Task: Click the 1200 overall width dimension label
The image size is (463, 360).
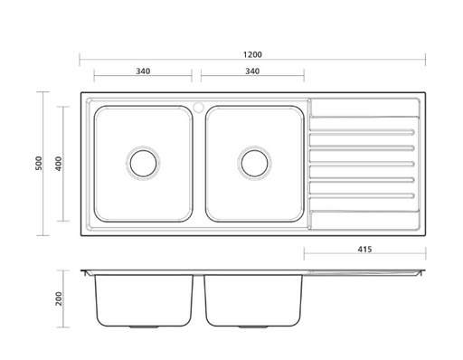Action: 252,54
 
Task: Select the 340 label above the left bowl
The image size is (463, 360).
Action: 143,71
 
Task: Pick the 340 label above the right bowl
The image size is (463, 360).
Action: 252,71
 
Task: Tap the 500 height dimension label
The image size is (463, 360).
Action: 39,163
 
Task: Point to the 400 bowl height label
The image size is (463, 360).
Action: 59,164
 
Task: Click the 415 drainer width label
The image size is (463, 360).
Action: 364,250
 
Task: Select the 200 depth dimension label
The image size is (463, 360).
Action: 59,298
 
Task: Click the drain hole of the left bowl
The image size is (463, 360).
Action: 143,164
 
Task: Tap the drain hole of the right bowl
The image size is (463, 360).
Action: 255,164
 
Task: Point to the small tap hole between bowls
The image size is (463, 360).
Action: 199,107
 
